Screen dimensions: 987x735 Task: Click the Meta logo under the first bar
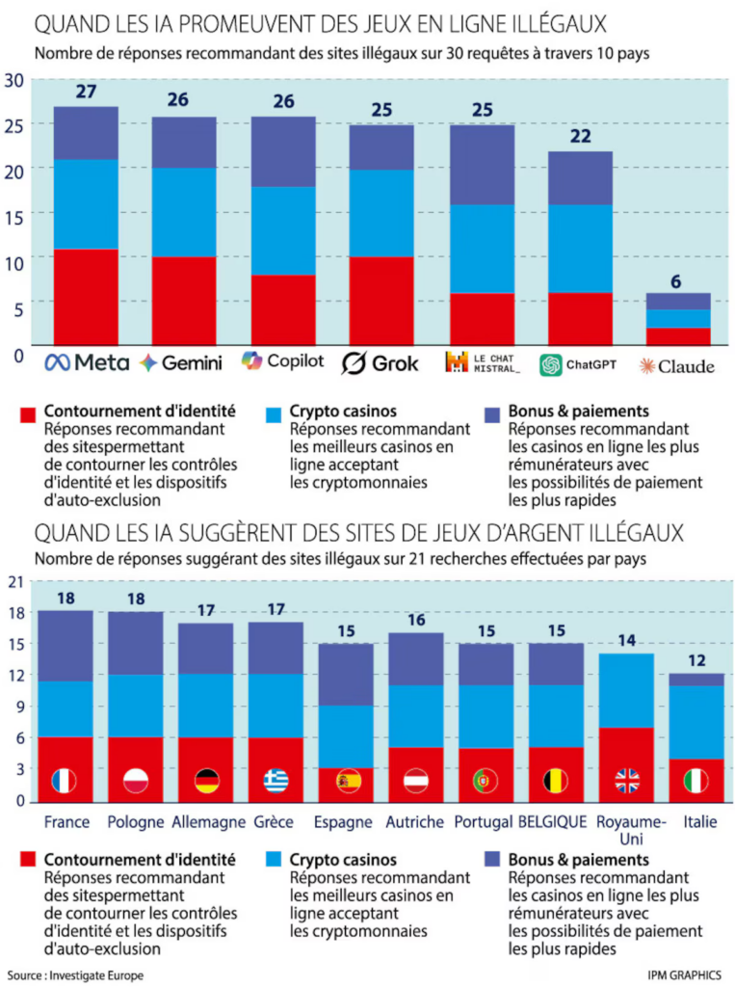(x=87, y=363)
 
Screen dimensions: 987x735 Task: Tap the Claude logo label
(x=678, y=366)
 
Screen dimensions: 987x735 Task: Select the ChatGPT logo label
(x=578, y=365)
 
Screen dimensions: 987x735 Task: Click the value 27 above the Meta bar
(x=86, y=93)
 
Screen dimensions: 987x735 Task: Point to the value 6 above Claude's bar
(x=677, y=281)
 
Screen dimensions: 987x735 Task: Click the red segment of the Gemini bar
(x=183, y=300)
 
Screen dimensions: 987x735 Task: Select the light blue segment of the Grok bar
(x=381, y=213)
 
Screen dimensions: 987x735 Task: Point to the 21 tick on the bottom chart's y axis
(x=14, y=581)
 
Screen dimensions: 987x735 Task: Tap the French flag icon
(x=65, y=781)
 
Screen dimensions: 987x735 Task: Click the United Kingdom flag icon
(x=627, y=781)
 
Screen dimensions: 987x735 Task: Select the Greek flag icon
(x=276, y=781)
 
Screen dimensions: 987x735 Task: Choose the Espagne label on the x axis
(x=342, y=822)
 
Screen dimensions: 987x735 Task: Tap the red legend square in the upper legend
(x=27, y=414)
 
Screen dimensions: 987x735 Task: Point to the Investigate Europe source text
(x=75, y=975)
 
